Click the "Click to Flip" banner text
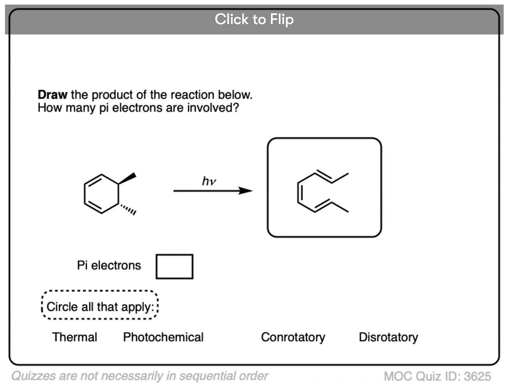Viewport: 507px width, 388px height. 254,19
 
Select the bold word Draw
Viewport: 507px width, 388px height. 52,95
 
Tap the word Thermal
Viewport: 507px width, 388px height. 75,337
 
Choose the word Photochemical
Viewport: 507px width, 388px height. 163,337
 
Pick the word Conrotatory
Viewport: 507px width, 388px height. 293,337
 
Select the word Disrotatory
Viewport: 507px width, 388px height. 388,337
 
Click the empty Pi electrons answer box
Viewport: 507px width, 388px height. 175,266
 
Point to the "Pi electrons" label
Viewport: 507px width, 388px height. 109,265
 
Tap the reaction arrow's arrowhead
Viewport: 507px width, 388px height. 246,191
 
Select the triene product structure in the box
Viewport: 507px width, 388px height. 323,191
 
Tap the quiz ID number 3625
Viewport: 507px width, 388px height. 477,377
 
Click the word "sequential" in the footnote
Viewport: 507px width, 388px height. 194,376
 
